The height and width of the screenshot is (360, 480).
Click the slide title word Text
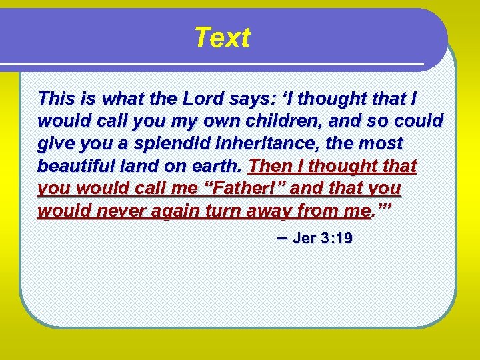pyautogui.click(x=222, y=38)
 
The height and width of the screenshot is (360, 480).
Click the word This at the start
pyautogui.click(x=56, y=99)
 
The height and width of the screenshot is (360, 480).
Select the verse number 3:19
pyautogui.click(x=339, y=239)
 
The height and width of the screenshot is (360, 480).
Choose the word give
pyautogui.click(x=56, y=143)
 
